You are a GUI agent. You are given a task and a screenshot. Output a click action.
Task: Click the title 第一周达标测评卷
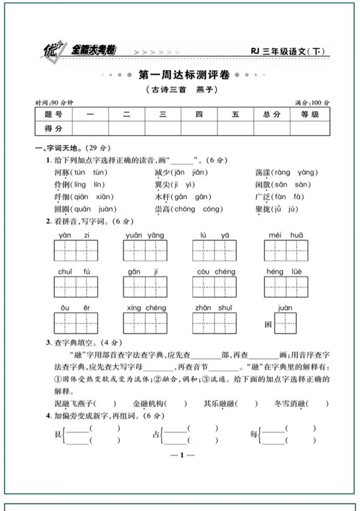[184, 75]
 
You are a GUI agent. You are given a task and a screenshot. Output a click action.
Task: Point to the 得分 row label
[53, 129]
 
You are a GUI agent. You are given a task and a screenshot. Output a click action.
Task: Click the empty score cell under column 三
[163, 129]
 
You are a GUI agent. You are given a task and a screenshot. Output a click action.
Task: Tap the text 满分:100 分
[312, 103]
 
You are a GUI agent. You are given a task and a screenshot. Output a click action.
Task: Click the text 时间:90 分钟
[51, 103]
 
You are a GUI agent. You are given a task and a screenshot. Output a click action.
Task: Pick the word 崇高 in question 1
[163, 210]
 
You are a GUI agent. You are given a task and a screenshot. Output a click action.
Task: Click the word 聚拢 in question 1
[263, 210]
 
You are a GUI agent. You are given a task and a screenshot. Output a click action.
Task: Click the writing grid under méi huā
[286, 250]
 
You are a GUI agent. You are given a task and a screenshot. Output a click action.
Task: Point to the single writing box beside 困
[285, 323]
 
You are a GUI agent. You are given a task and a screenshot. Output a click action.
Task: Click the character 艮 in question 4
[57, 434]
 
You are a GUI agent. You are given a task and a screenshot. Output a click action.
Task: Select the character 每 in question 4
[253, 434]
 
